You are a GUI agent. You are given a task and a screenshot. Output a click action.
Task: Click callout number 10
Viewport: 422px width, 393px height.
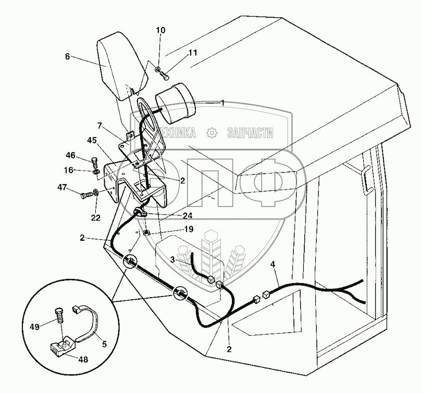pyautogui.click(x=160, y=31)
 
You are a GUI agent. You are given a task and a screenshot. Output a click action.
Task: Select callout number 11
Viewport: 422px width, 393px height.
pyautogui.click(x=178, y=53)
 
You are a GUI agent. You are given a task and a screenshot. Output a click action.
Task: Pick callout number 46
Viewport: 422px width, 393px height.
pyautogui.click(x=70, y=155)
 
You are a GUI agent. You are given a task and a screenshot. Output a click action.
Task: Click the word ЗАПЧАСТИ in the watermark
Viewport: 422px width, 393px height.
pyautogui.click(x=250, y=133)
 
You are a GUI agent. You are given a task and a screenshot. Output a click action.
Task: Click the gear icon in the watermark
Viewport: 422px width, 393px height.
pyautogui.click(x=212, y=132)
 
